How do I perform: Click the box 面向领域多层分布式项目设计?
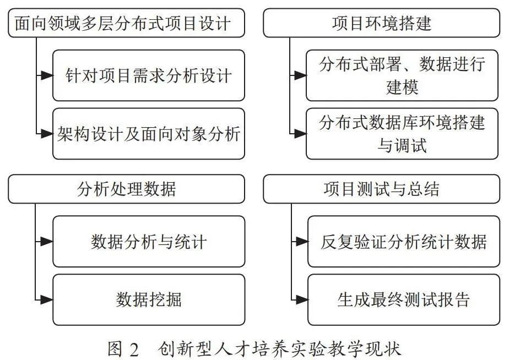[x=126, y=23]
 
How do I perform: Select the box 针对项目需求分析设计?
[x=149, y=75]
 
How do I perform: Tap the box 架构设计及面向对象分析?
[x=149, y=134]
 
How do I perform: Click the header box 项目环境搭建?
[x=381, y=23]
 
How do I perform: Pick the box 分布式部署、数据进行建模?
[x=402, y=75]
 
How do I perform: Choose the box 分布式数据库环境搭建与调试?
[x=402, y=134]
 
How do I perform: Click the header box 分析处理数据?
[x=126, y=189]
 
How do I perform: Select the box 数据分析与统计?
[x=149, y=241]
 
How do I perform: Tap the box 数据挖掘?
[x=149, y=299]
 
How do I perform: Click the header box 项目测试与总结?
[x=381, y=189]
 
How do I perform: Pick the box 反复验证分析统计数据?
[x=403, y=241]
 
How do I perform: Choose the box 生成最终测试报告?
[x=403, y=299]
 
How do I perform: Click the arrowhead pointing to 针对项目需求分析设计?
[x=47, y=75]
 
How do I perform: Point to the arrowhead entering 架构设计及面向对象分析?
[x=47, y=134]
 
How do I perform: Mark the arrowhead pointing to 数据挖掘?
[x=47, y=299]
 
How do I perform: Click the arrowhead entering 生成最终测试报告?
[x=302, y=299]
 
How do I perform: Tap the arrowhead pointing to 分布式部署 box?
[x=301, y=75]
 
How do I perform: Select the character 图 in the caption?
[x=115, y=349]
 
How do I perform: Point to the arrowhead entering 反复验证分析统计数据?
[x=302, y=241]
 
